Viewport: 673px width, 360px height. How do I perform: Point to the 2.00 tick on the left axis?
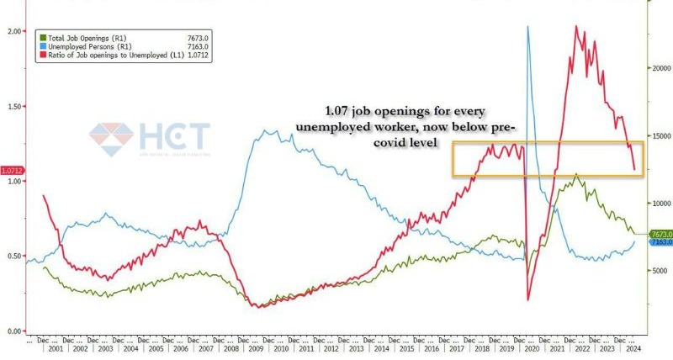pos(13,31)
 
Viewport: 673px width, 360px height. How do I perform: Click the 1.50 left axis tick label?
pos(13,107)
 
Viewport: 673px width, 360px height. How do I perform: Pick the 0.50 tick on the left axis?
pos(13,256)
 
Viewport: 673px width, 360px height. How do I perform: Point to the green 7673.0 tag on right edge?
pos(661,234)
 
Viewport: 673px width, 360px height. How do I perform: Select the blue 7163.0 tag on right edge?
pos(661,242)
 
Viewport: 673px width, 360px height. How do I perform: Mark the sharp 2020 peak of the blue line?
pos(527,27)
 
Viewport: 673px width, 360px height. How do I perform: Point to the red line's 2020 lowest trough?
pos(528,299)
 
